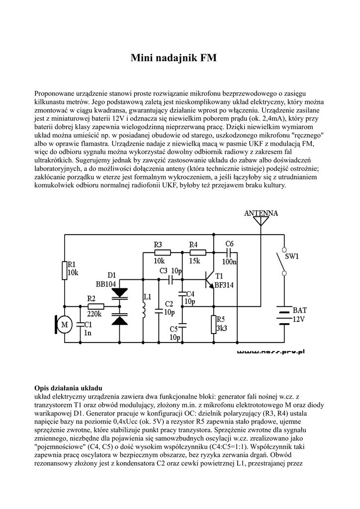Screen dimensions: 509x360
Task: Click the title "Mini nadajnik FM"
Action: (x=174, y=58)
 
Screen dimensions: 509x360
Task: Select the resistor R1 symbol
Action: (x=64, y=271)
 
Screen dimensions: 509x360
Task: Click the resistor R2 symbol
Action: (x=95, y=307)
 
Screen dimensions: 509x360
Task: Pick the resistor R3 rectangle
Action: (x=161, y=252)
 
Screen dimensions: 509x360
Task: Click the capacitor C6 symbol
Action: (x=229, y=252)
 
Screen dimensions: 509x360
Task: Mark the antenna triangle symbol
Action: (x=261, y=222)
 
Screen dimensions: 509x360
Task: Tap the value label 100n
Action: (x=229, y=261)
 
